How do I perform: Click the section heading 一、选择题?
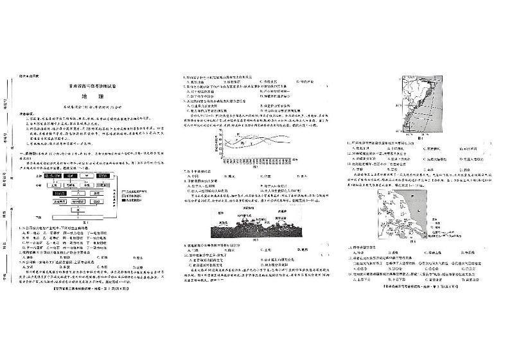(36, 154)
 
